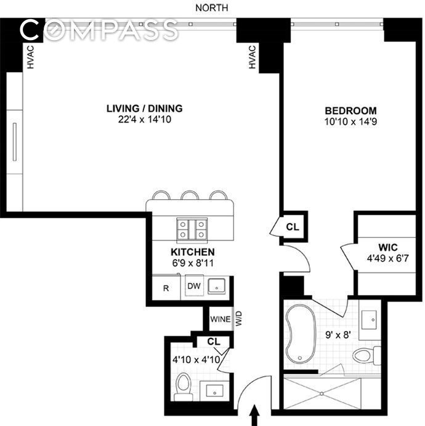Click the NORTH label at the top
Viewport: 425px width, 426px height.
click(x=212, y=8)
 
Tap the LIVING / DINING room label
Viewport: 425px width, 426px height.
click(x=144, y=109)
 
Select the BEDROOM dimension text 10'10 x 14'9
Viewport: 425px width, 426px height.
click(x=350, y=121)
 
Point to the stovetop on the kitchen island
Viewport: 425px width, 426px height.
click(x=192, y=229)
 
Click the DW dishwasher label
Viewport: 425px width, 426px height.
click(x=194, y=286)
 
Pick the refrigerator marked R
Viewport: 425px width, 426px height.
click(x=166, y=289)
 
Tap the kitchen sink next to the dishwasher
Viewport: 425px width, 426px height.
click(x=217, y=286)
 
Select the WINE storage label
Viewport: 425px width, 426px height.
click(x=221, y=319)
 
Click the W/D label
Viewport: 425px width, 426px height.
click(x=238, y=319)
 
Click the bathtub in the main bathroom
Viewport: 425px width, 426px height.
click(x=300, y=334)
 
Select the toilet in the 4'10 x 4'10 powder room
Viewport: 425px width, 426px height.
click(x=183, y=387)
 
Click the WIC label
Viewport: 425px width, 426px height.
click(x=388, y=247)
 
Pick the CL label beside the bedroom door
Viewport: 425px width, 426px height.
click(x=293, y=227)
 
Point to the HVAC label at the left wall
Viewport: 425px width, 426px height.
click(x=30, y=57)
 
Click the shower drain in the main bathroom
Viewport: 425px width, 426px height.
click(x=322, y=393)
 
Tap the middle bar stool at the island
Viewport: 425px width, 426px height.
click(x=190, y=195)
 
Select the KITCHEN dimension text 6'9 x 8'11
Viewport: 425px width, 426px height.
click(x=193, y=263)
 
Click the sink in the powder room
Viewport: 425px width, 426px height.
click(x=215, y=391)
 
